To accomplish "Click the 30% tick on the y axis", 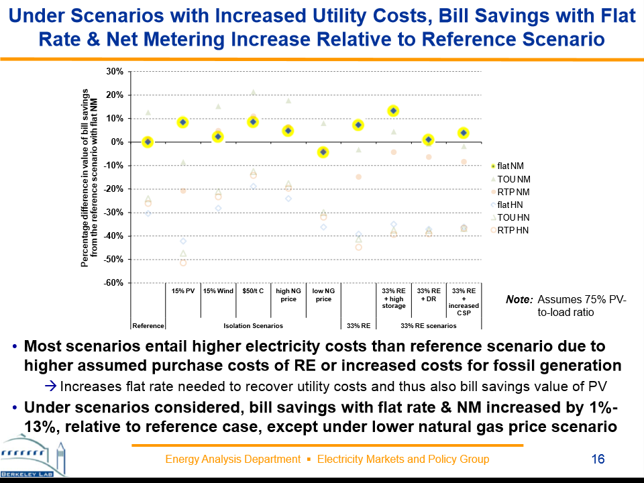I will click(115, 71).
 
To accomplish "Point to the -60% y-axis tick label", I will click(113, 283).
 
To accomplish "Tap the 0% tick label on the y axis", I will click(117, 142).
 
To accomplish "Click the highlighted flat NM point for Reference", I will click(148, 142).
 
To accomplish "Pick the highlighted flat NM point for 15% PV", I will click(182, 122).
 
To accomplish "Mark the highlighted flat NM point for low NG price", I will click(323, 152).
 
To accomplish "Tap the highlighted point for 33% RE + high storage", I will click(394, 111).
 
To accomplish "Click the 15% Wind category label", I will click(218, 292).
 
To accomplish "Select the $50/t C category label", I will click(253, 292).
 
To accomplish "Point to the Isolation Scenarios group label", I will click(253, 326).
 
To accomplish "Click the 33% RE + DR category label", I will click(429, 295).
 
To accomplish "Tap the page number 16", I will click(598, 460).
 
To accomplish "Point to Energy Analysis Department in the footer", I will click(232, 460).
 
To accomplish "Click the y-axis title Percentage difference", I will click(89, 178).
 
